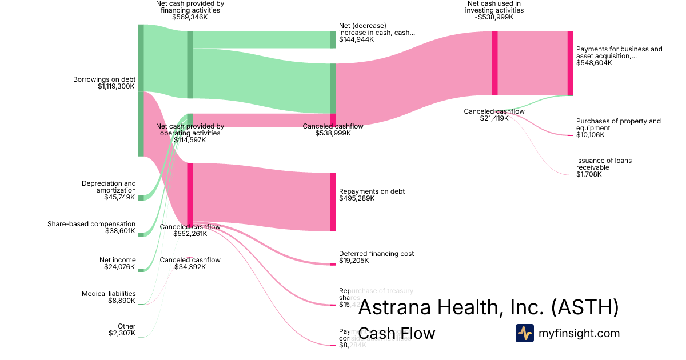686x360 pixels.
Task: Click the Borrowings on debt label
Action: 103,79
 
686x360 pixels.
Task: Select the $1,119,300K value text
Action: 116,86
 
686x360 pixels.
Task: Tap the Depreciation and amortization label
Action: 109,187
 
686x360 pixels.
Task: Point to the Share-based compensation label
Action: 91,224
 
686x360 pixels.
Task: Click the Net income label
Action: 118,260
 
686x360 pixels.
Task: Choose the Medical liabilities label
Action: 109,294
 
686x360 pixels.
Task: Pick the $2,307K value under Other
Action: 122,333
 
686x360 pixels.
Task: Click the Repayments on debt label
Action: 372,191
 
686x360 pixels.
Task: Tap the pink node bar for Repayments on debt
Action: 333,202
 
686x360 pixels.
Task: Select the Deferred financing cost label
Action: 376,254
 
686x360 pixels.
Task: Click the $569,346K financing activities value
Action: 190,17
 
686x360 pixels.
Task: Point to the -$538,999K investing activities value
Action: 494,17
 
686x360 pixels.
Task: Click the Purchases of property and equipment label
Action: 618,125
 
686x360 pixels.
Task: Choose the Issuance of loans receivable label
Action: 604,164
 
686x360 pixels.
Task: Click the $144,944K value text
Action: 356,39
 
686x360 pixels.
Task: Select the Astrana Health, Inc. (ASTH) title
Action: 488,307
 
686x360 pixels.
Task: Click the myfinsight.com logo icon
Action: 524,333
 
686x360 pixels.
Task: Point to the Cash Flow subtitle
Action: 396,333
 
